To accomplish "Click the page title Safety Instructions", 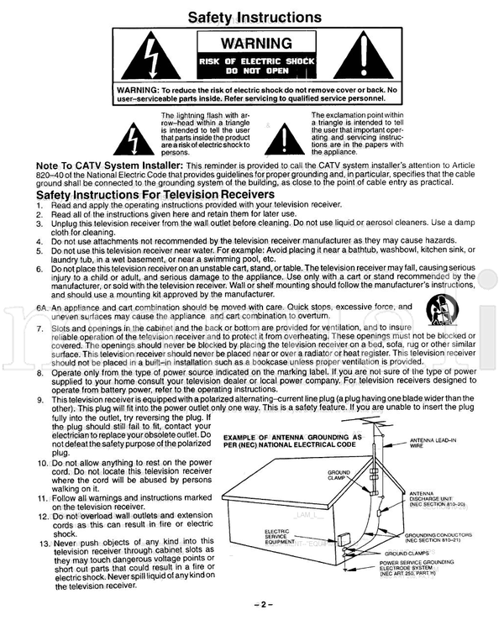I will pyautogui.click(x=252, y=16).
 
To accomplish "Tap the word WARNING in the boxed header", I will pyautogui.click(x=253, y=44).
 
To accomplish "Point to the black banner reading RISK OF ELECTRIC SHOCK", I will pyautogui.click(x=253, y=66).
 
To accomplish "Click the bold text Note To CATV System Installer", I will pyautogui.click(x=110, y=166).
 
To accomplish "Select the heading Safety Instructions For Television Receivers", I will pyautogui.click(x=155, y=194).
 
